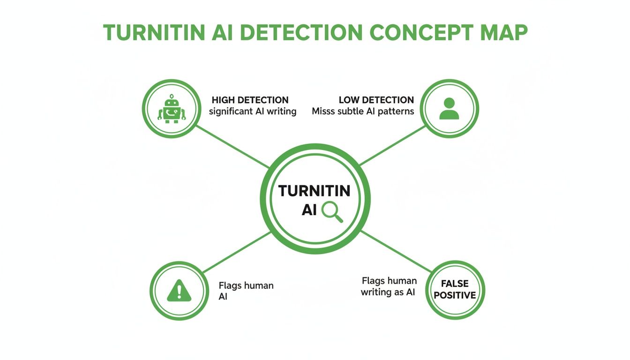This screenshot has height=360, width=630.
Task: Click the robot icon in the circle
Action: tap(172, 109)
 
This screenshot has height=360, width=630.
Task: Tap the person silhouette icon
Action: tap(450, 109)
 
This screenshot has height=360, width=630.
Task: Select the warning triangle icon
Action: tap(179, 291)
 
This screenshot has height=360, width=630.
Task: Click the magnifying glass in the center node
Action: tap(332, 210)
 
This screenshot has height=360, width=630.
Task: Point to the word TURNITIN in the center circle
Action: tap(314, 191)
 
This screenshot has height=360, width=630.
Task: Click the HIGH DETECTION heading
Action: tap(250, 100)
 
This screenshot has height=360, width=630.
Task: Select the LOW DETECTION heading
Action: tap(376, 100)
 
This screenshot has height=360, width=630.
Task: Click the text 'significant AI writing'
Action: tap(252, 112)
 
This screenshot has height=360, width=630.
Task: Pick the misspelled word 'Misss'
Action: tap(324, 112)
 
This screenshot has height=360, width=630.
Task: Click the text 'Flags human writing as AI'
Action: tap(389, 286)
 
